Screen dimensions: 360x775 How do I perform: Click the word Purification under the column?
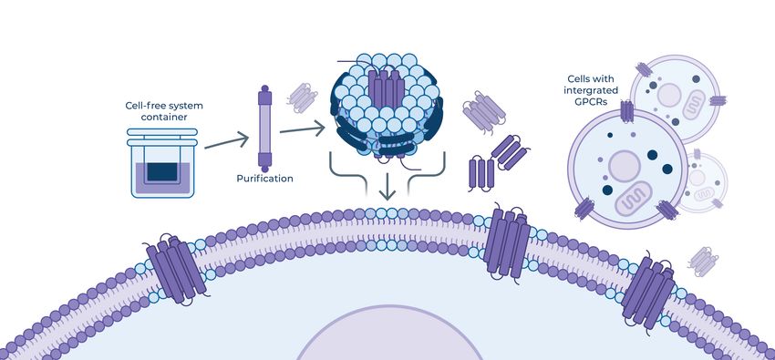pyautogui.click(x=264, y=179)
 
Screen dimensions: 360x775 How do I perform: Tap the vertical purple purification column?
pyautogui.click(x=265, y=128)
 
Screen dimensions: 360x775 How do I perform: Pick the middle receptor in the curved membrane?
pyautogui.click(x=508, y=242)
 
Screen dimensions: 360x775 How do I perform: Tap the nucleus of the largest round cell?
pyautogui.click(x=625, y=167)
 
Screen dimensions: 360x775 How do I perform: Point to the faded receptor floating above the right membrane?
pyautogui.click(x=701, y=260)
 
